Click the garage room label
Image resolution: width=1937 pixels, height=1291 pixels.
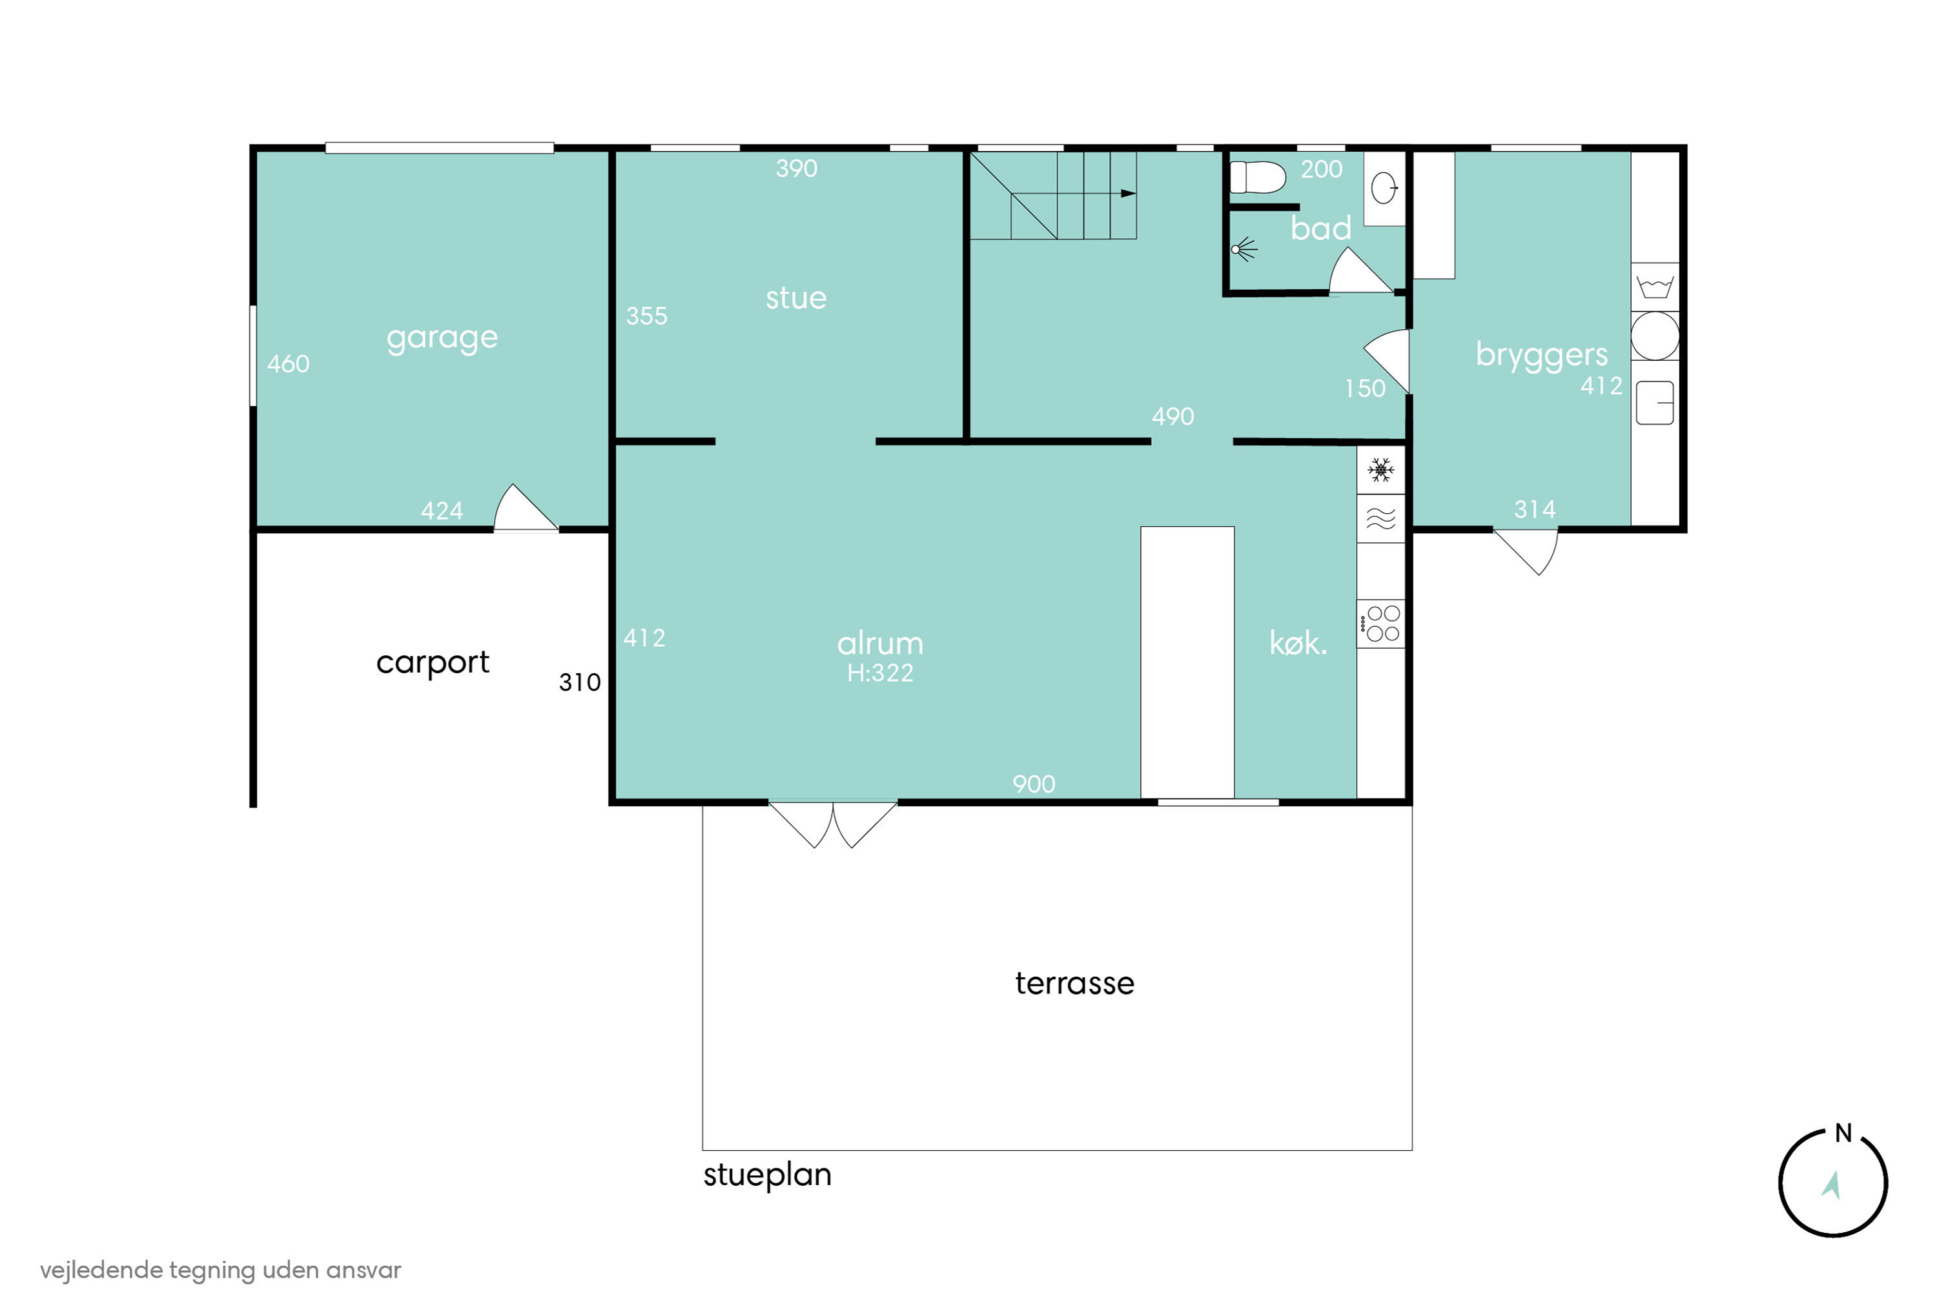coord(442,338)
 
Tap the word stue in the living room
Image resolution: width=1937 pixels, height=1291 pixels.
coord(795,298)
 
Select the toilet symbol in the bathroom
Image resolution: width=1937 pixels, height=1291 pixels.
coord(1256,177)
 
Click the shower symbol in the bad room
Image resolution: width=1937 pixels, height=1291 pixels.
coord(1244,249)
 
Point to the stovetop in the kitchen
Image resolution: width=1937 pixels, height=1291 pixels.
coord(1381,624)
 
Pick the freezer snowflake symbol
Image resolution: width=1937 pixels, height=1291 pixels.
coord(1380,470)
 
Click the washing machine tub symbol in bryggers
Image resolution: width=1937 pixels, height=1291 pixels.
coord(1654,287)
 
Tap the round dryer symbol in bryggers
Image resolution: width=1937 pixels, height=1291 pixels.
coord(1654,335)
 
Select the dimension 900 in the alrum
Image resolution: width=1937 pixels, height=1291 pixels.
coord(1034,784)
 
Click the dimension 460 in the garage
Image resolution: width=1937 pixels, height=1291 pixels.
coord(288,364)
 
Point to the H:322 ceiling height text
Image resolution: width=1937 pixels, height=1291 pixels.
coord(881,673)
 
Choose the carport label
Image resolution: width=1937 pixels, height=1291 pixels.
coord(433,663)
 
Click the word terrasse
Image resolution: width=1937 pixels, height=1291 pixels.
coord(1075,983)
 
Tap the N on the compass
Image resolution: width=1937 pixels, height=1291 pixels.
coord(1843,1133)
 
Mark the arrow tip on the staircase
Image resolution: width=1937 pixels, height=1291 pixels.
coord(1136,194)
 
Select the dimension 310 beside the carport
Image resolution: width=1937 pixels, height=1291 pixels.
coord(580,682)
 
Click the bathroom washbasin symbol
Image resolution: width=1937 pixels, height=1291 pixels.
coord(1384,188)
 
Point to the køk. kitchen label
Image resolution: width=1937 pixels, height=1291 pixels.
coord(1298,643)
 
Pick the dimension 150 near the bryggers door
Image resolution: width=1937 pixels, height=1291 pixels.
coord(1365,389)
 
